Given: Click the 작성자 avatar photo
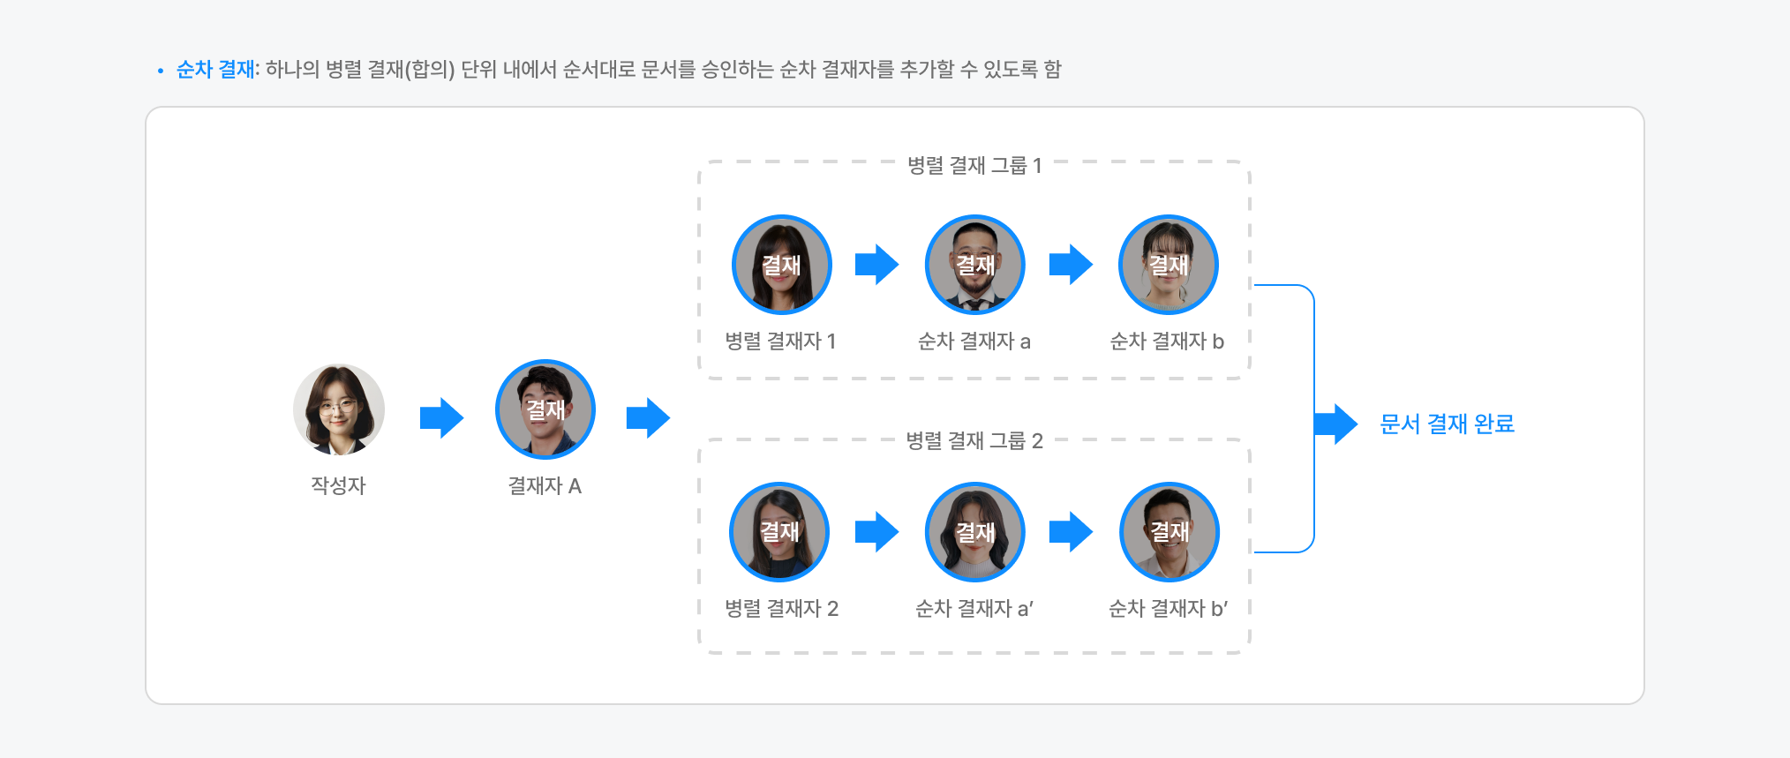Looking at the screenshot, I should pyautogui.click(x=339, y=409).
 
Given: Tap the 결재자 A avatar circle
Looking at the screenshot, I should pyautogui.click(x=545, y=409).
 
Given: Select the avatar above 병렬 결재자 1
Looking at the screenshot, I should pyautogui.click(x=781, y=265).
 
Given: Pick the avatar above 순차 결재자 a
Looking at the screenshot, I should pyautogui.click(x=974, y=265).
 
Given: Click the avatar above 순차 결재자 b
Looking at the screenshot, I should pyautogui.click(x=1168, y=265).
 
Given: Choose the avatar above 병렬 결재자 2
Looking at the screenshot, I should pyautogui.click(x=779, y=532).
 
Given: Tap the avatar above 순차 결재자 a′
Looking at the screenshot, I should pyautogui.click(x=974, y=532).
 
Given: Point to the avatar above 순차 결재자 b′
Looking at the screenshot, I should pyautogui.click(x=1169, y=532).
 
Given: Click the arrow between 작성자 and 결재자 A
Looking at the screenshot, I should pyautogui.click(x=441, y=418).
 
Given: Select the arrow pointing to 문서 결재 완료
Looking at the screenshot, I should pyautogui.click(x=1335, y=424).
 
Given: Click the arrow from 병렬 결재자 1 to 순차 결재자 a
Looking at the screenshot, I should pyautogui.click(x=876, y=265).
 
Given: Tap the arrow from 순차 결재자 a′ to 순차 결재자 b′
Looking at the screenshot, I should pyautogui.click(x=1071, y=532).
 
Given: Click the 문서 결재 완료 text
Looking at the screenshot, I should pyautogui.click(x=1447, y=424).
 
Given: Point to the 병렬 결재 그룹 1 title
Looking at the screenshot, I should pyautogui.click(x=974, y=166).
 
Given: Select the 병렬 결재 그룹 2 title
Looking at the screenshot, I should pyautogui.click(x=974, y=441).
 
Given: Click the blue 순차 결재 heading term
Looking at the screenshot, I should pyautogui.click(x=215, y=70).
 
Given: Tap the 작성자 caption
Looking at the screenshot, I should pyautogui.click(x=338, y=485).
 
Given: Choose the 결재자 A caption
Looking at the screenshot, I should pyautogui.click(x=545, y=486).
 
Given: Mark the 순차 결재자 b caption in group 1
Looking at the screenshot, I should pyautogui.click(x=1167, y=341).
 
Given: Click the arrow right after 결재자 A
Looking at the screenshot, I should pyautogui.click(x=648, y=418).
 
